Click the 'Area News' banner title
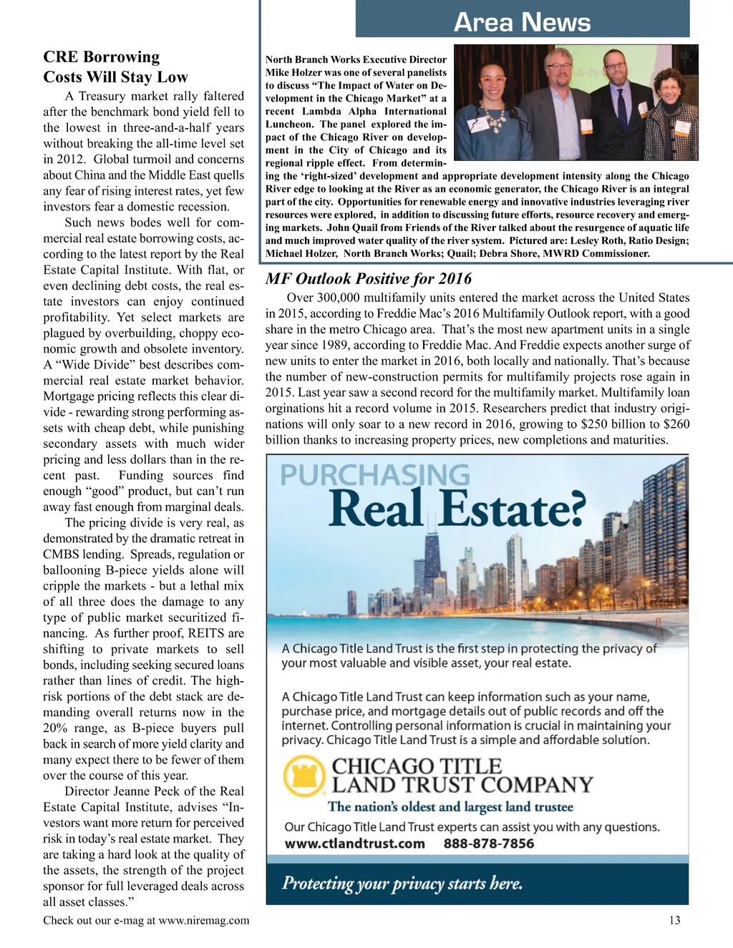click(522, 22)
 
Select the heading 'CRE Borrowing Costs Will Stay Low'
click(115, 67)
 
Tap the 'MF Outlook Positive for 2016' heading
click(369, 278)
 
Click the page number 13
click(674, 920)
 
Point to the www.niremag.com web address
click(204, 920)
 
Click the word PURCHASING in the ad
click(374, 476)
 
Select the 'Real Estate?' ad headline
click(457, 509)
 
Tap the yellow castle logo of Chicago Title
click(304, 776)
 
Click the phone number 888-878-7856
click(489, 844)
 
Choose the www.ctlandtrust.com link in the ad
click(355, 844)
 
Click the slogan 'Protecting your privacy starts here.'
click(402, 884)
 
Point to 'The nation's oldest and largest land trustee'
click(450, 807)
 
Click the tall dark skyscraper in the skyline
click(433, 565)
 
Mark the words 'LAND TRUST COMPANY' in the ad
click(462, 785)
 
